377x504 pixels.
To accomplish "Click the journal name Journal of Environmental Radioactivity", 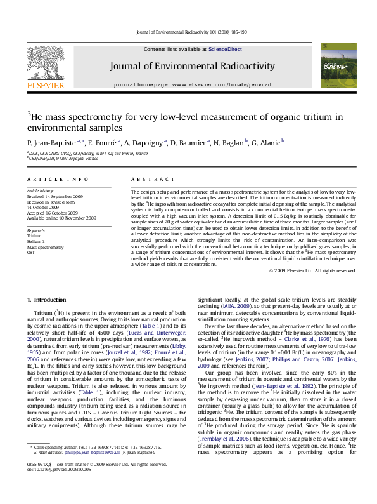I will coord(193,66).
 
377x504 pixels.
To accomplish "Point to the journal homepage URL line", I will coord(193,84).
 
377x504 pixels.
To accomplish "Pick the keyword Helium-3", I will coord(37,240).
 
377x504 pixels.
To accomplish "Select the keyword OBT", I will coord(31,251).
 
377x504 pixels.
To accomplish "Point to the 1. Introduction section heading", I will coord(48,299).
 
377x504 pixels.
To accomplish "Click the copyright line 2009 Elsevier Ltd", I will coord(312,270).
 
